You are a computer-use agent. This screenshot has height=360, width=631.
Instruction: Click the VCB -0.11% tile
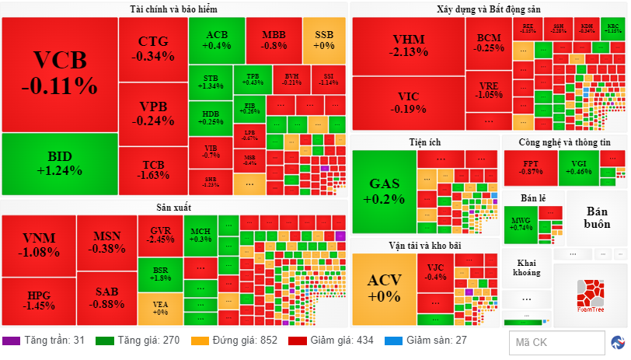(x=59, y=73)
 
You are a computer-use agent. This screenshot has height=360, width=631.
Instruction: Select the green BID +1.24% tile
(x=59, y=164)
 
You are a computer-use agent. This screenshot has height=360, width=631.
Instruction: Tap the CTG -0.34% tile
(x=152, y=48)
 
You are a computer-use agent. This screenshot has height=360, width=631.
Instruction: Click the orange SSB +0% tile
(x=324, y=40)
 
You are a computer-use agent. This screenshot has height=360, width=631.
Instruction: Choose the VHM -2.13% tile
(x=409, y=46)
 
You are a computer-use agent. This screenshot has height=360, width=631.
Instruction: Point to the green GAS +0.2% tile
(x=384, y=191)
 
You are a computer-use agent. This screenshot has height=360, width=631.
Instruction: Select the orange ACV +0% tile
(x=384, y=288)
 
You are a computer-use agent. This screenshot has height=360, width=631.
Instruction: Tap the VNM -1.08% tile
(x=40, y=244)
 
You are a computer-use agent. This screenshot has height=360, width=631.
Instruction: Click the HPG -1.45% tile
(x=39, y=301)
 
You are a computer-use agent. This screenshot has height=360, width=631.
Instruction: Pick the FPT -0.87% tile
(x=530, y=167)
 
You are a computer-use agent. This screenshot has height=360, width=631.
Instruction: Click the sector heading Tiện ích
(x=424, y=142)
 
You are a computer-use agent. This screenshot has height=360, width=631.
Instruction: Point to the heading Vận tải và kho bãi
(x=424, y=246)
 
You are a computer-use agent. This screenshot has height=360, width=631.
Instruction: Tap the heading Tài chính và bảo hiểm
(x=173, y=9)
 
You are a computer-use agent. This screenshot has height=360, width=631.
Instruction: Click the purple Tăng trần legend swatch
(x=11, y=341)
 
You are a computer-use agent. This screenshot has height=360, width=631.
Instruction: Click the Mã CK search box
(x=555, y=342)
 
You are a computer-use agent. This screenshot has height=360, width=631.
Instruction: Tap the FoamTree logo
(x=591, y=295)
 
